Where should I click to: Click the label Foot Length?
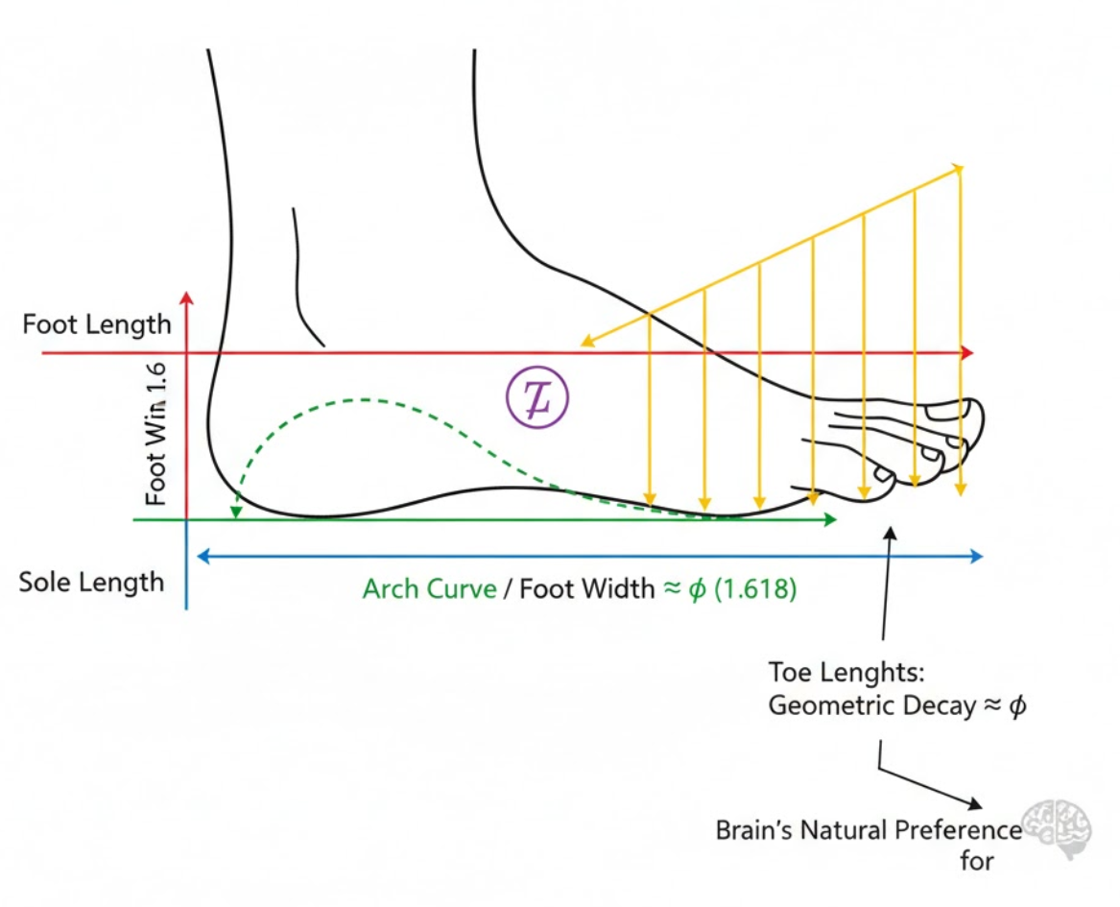point(96,323)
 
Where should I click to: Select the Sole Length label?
point(92,582)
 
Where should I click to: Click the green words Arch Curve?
point(429,588)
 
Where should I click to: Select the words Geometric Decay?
point(869,705)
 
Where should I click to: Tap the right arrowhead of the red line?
point(968,354)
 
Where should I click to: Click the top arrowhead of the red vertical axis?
point(187,296)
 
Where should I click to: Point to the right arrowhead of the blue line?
point(978,556)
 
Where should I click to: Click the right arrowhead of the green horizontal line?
point(831,519)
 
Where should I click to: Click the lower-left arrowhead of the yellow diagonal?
point(583,343)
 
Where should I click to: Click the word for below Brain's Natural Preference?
point(976,860)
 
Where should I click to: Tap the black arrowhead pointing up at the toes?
point(892,531)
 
